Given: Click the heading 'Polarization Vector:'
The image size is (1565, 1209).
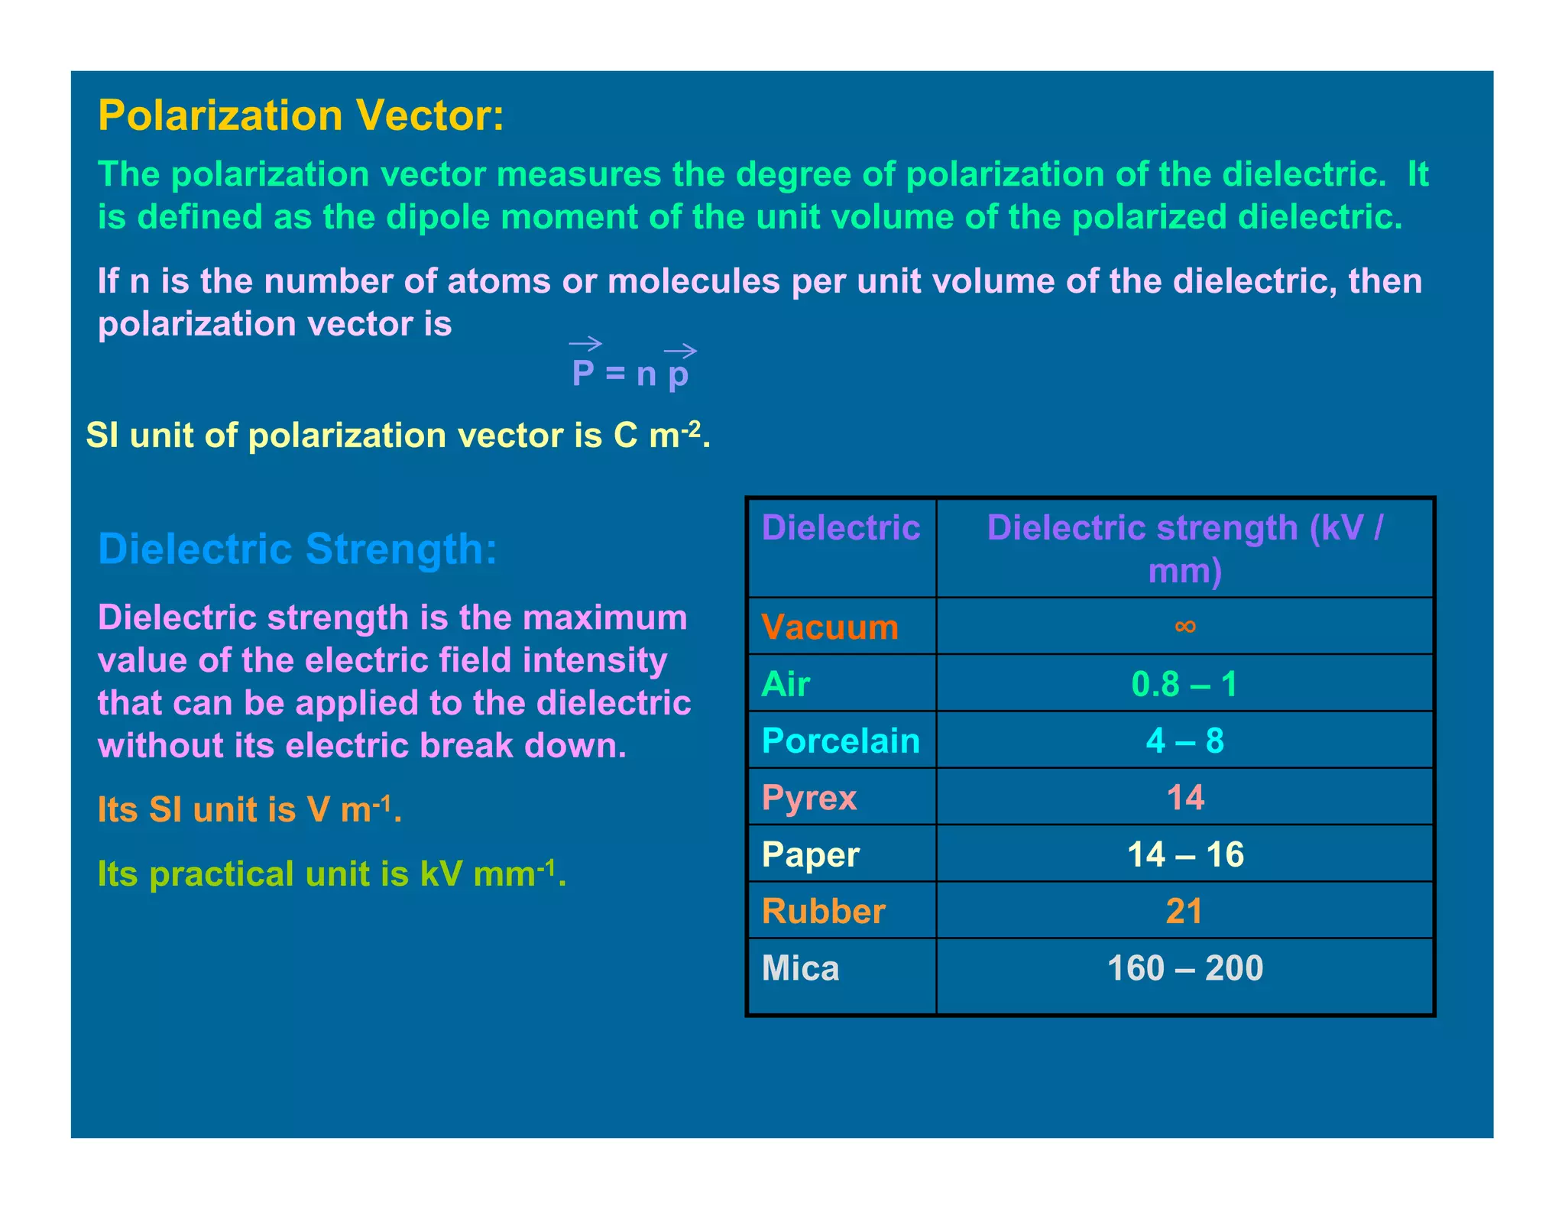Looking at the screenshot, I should (x=301, y=116).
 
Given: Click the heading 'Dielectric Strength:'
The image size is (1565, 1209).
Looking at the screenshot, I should (x=297, y=549).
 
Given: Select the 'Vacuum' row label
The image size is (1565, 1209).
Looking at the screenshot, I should (x=830, y=627).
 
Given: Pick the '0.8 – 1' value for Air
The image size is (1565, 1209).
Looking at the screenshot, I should (x=1184, y=684).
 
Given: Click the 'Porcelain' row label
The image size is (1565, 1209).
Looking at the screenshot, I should (x=841, y=741).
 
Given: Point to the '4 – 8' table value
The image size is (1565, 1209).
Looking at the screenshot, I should (x=1184, y=741).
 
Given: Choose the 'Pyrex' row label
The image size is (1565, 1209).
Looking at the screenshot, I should (x=809, y=798).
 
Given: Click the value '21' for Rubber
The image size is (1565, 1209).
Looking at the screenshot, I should (x=1184, y=911).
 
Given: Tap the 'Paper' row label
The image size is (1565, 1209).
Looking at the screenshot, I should (x=811, y=854).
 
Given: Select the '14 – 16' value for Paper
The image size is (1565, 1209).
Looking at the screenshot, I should (x=1184, y=854).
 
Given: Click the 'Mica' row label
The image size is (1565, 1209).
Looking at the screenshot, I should (x=800, y=968).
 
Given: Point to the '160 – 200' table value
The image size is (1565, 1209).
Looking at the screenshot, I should (x=1184, y=968).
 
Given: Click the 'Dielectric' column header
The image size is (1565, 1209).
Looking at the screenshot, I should (x=841, y=528).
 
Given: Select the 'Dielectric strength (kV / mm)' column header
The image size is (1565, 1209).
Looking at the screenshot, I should (x=1184, y=549).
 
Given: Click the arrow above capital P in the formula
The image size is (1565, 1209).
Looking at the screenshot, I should (x=585, y=344).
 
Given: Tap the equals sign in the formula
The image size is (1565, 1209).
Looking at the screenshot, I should (x=615, y=374).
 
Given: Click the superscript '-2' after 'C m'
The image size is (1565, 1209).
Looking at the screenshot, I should (x=692, y=429).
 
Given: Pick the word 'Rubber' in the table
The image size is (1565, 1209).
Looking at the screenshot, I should (x=823, y=911).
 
